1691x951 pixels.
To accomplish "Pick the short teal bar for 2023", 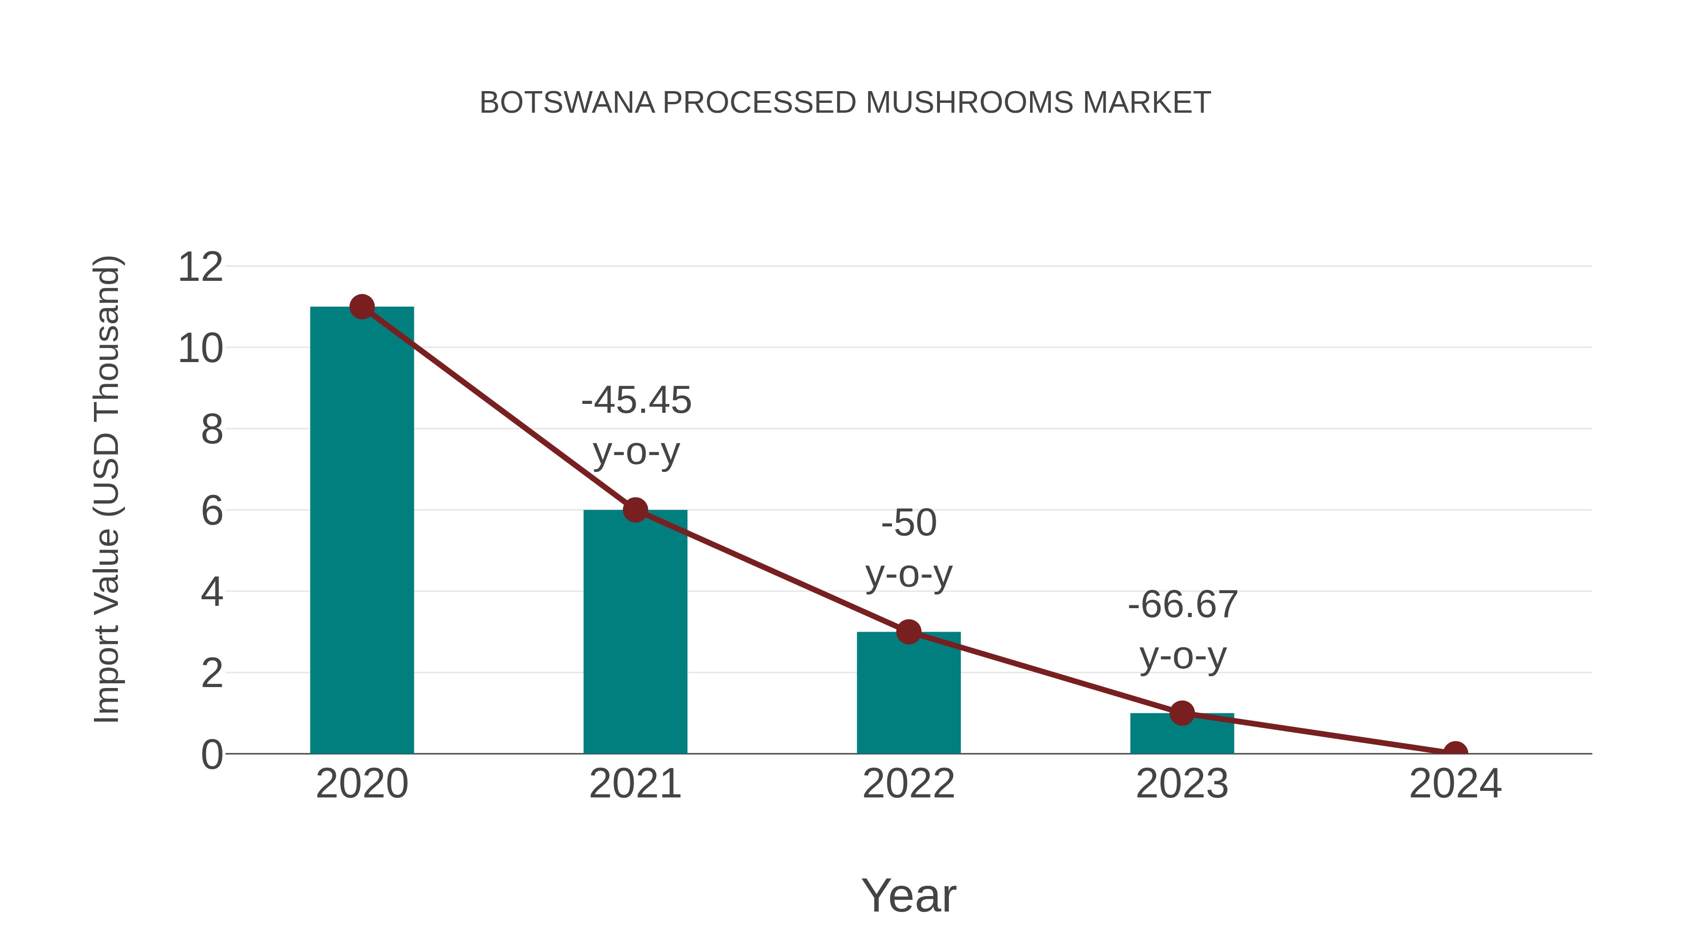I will pyautogui.click(x=1182, y=735).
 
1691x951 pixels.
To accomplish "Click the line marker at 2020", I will pyautogui.click(x=362, y=307).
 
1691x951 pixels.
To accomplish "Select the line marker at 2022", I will pyautogui.click(x=908, y=632).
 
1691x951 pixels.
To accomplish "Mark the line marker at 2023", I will pyautogui.click(x=1182, y=713).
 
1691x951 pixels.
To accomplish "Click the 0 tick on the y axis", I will pyautogui.click(x=212, y=755).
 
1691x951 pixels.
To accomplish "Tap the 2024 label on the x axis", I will pyautogui.click(x=1455, y=784).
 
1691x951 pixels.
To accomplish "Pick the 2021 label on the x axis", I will pyautogui.click(x=635, y=784).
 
